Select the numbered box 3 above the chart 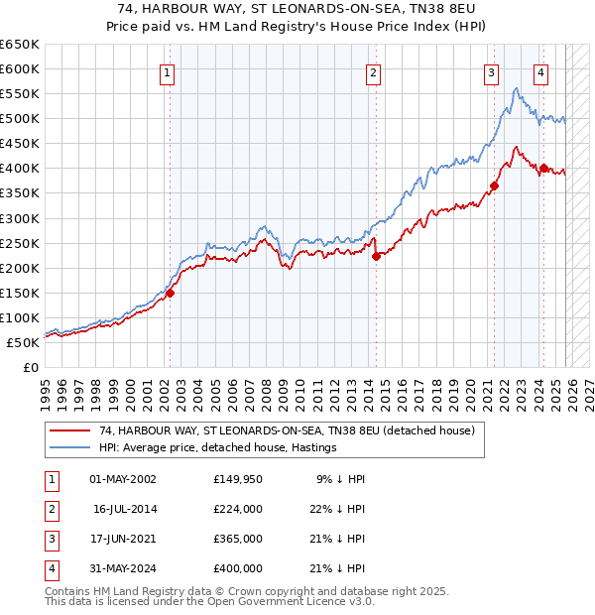click(491, 71)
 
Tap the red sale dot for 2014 click(376, 256)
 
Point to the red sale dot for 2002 click(170, 293)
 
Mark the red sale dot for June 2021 click(494, 185)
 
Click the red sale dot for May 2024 click(543, 168)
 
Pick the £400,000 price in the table click(238, 568)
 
